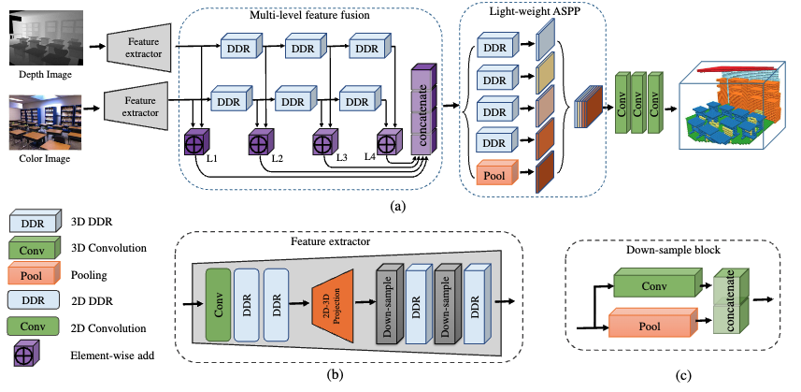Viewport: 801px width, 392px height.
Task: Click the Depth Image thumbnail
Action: pos(41,36)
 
